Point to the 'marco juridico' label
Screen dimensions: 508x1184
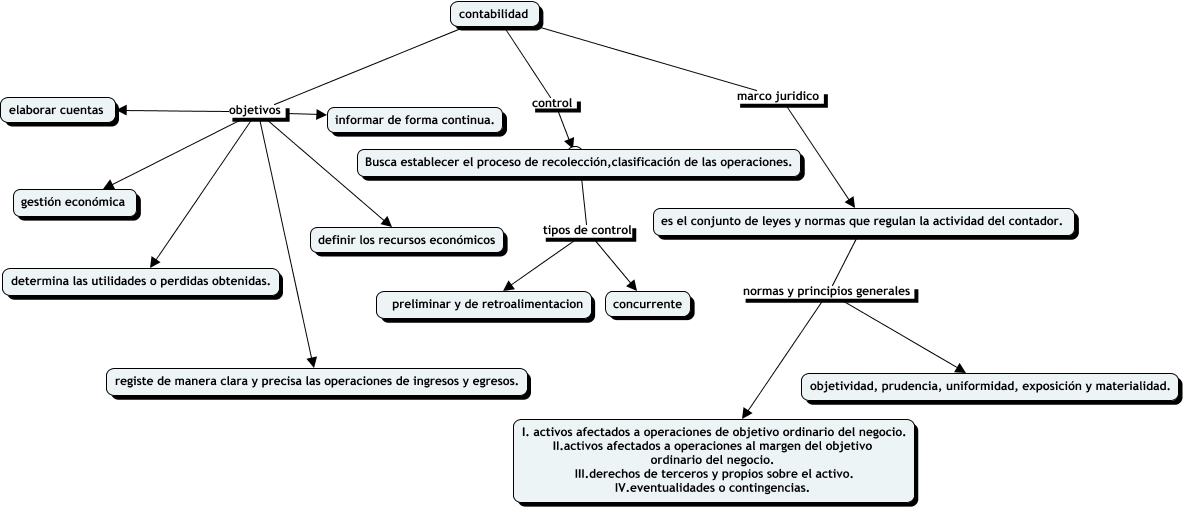[778, 96]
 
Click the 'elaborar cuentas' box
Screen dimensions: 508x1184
[58, 110]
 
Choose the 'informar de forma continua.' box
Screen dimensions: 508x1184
[414, 121]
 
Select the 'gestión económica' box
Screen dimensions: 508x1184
[73, 202]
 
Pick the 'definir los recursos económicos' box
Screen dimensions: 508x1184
[406, 240]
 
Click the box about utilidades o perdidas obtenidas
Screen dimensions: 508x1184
[139, 282]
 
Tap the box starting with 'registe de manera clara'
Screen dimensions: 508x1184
[316, 381]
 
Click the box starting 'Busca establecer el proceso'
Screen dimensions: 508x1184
[578, 161]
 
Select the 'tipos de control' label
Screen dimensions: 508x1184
[587, 230]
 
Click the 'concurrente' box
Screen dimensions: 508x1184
[647, 304]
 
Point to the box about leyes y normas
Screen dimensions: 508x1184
[863, 220]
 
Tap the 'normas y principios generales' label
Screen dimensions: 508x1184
[827, 291]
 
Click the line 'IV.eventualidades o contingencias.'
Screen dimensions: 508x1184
[712, 488]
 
